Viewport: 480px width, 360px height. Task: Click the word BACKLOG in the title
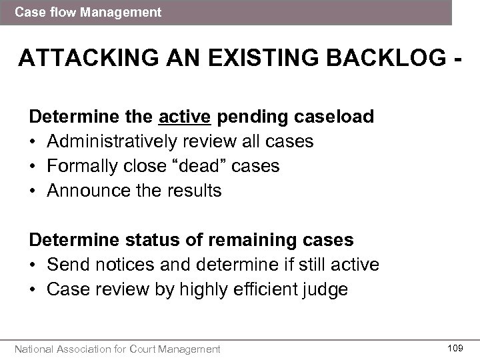coord(377,59)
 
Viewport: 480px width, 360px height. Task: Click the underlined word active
coord(185,117)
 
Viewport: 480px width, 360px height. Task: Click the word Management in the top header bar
coord(127,12)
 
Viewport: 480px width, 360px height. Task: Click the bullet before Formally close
coord(33,166)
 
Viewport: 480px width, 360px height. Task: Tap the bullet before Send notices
coord(33,265)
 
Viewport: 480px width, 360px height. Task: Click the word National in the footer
coord(38,348)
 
